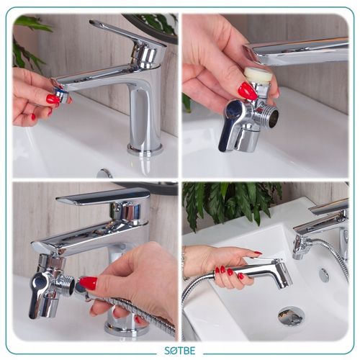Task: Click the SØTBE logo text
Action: tap(180, 351)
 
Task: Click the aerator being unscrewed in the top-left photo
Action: tap(60, 94)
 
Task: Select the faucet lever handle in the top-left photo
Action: tap(128, 35)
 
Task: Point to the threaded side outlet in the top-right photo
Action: tap(271, 113)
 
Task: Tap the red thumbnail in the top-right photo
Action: tap(248, 91)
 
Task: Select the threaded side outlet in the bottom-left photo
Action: tap(67, 285)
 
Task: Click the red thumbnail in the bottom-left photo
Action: tap(88, 283)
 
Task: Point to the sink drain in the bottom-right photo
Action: tap(291, 315)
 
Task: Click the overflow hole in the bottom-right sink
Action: tap(324, 275)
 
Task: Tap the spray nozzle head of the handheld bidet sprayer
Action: tap(283, 276)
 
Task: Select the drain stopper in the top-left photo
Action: tap(104, 174)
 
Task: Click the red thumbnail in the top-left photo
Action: tap(53, 99)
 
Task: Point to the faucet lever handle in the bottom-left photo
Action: tap(103, 196)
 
